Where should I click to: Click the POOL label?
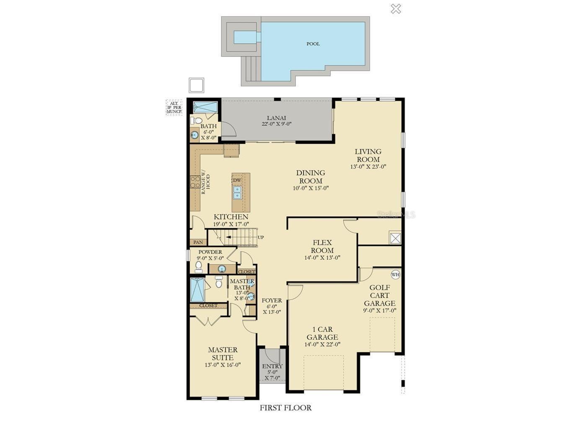tap(313, 44)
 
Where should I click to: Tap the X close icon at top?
tap(396, 8)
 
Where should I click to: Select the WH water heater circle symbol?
tap(395, 275)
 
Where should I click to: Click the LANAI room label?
tap(277, 118)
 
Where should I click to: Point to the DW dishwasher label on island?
tap(237, 180)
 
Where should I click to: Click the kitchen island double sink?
tap(237, 192)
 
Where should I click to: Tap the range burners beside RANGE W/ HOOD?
tap(195, 182)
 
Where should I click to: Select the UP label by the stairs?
tap(261, 238)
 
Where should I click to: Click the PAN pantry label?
tap(198, 242)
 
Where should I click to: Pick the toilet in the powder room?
tap(199, 266)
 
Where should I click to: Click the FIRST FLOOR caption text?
tap(285, 408)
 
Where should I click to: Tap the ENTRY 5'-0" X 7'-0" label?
tap(272, 372)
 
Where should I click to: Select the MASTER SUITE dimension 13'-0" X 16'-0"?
tap(223, 365)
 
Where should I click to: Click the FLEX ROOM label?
tap(322, 246)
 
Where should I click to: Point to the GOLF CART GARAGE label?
tap(380, 295)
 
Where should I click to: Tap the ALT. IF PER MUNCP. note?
tap(174, 107)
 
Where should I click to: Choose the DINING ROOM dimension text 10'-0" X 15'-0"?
tap(311, 188)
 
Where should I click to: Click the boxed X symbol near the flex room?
tap(395, 238)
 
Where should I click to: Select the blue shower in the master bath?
tap(197, 290)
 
